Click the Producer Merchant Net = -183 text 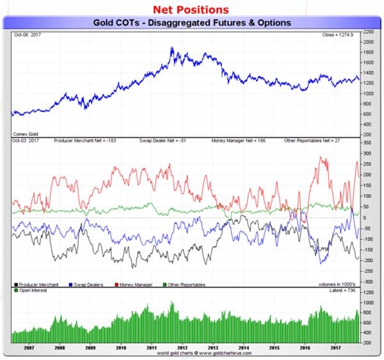(x=88, y=139)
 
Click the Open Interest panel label (x=32, y=290)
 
